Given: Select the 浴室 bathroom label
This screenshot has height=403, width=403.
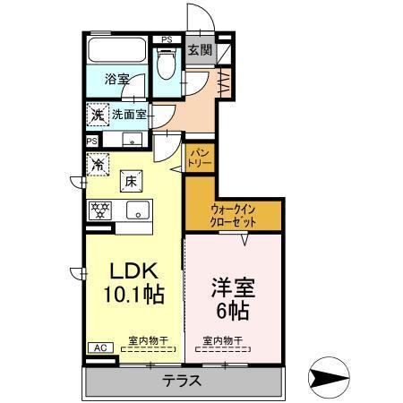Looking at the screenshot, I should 116,79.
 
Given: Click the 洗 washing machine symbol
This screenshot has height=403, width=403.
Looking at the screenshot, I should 97,116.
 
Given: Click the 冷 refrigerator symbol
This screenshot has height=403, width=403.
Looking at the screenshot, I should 97,165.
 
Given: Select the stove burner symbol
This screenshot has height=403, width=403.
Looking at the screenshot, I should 99,210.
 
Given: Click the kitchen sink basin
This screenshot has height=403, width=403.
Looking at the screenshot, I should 137,210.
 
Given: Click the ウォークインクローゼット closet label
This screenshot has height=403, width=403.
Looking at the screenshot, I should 232,215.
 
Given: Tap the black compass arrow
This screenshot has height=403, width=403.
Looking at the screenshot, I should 330,373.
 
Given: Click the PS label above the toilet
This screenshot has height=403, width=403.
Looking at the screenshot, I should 167,40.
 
